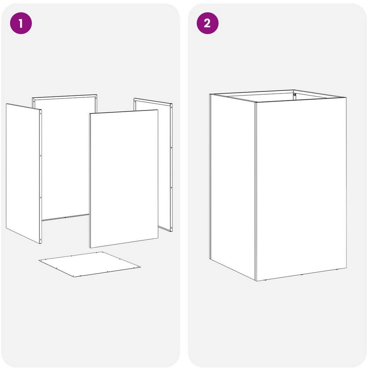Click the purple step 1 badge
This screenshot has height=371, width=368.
click(x=20, y=23)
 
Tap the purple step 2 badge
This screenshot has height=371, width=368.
click(x=207, y=23)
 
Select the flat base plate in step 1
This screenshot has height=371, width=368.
click(x=89, y=264)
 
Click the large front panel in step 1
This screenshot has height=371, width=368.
click(x=124, y=179)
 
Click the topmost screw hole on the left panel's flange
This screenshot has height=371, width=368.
click(x=41, y=114)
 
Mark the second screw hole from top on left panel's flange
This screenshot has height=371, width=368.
click(x=41, y=156)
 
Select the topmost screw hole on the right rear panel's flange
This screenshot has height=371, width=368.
click(x=171, y=107)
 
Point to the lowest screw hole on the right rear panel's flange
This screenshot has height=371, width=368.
click(x=171, y=228)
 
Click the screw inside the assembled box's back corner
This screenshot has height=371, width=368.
click(x=295, y=95)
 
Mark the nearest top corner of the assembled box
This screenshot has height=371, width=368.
click(x=256, y=102)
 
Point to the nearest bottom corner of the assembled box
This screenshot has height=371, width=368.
click(x=256, y=281)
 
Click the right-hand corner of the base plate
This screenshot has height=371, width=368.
click(x=140, y=267)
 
